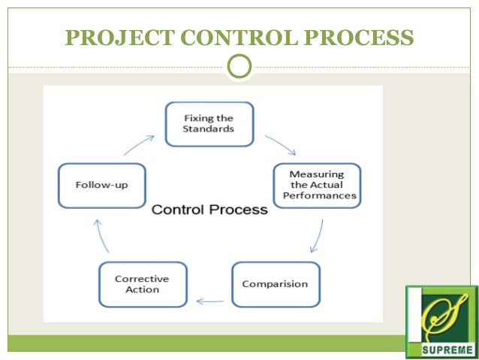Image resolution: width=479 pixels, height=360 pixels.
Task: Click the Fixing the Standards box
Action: [209, 124]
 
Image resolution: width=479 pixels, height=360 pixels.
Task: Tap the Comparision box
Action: [275, 284]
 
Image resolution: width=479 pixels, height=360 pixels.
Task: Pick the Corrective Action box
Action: [143, 284]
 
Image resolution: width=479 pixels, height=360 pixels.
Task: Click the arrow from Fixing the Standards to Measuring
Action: [281, 144]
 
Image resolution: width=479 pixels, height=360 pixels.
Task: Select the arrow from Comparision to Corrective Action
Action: [209, 301]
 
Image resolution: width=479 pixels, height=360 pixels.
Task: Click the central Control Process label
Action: [209, 210]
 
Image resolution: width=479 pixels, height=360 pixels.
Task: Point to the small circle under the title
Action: [239, 67]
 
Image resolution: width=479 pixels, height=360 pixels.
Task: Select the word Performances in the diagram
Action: [319, 196]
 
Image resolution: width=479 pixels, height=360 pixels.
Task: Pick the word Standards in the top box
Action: [209, 129]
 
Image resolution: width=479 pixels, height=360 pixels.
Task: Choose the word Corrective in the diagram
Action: [143, 279]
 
